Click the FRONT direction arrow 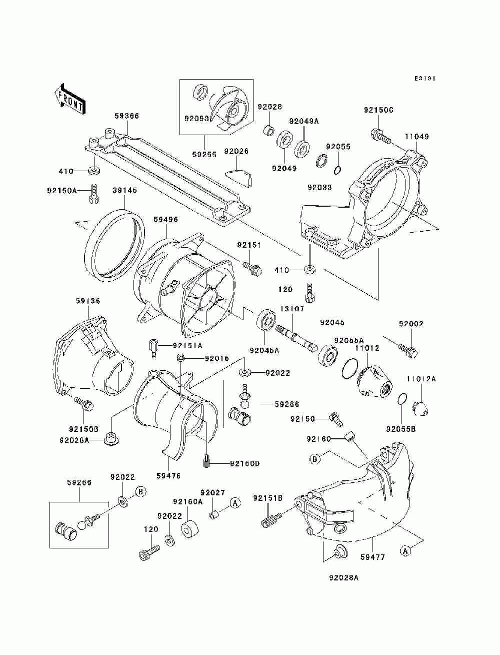pyautogui.click(x=70, y=99)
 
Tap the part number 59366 pyautogui.click(x=126, y=116)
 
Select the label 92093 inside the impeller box pyautogui.click(x=196, y=119)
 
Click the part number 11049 pyautogui.click(x=416, y=137)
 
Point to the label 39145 pyautogui.click(x=125, y=190)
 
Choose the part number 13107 pyautogui.click(x=292, y=309)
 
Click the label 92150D pyautogui.click(x=244, y=463)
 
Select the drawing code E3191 pyautogui.click(x=424, y=79)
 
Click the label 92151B pyautogui.click(x=268, y=498)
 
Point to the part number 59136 pyautogui.click(x=87, y=301)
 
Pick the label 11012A pyautogui.click(x=421, y=379)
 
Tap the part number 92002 pyautogui.click(x=411, y=324)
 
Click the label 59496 pyautogui.click(x=166, y=219)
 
